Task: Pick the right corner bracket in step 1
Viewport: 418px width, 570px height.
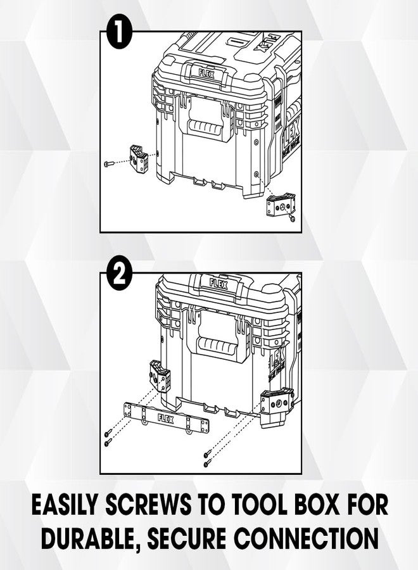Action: tap(279, 206)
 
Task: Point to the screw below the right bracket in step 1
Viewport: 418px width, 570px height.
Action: tap(291, 218)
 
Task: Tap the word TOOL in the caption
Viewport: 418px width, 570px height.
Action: tap(271, 506)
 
